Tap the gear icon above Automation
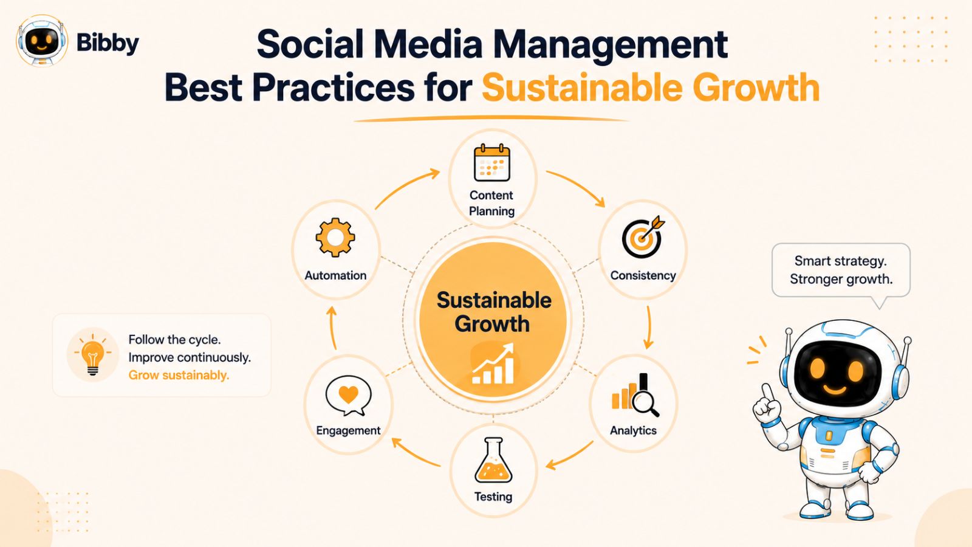(335, 238)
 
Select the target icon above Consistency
(643, 237)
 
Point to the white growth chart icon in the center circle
(493, 364)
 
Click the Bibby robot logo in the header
(42, 40)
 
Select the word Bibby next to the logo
(108, 43)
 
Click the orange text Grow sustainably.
(179, 375)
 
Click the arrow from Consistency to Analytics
(649, 328)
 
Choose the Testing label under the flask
(493, 496)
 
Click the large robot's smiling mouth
(835, 390)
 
